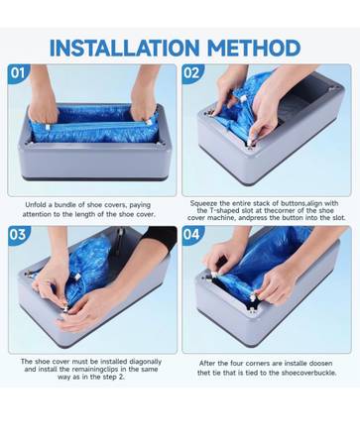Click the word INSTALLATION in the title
124,48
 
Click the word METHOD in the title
254,48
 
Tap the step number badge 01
18,72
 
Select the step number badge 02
191,72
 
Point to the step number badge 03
18,235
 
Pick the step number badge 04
191,235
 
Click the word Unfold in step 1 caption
34,205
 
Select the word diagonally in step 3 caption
145,362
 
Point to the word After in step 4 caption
207,363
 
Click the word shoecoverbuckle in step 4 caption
308,373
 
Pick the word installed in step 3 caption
114,362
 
